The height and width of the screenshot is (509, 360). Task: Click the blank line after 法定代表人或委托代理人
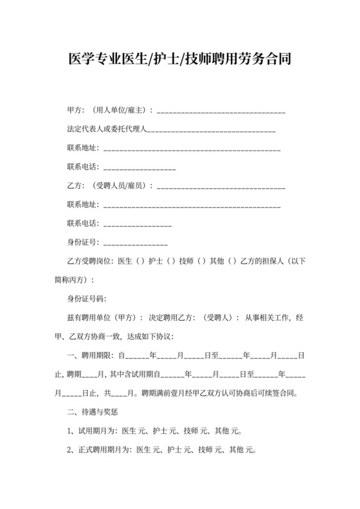click(212, 132)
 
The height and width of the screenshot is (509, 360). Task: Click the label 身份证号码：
click(87, 299)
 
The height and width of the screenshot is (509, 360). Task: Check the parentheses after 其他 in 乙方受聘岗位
click(232, 262)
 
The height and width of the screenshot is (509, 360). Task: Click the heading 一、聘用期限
click(90, 355)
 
